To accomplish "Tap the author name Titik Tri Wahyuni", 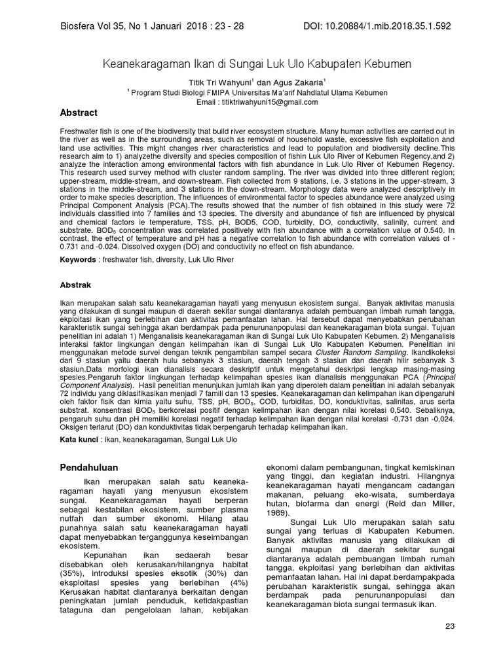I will coord(215,83).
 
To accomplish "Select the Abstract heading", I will coord(79,113).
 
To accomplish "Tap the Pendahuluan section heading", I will coord(89,468).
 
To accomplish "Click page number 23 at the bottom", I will coord(449,626).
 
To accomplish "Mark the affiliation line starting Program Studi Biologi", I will coord(258,93).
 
